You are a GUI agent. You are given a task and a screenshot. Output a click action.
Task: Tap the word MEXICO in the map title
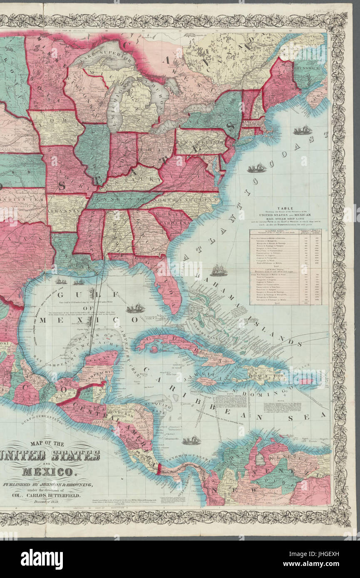[47, 472]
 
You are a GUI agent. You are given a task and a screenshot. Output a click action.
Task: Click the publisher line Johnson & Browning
[54, 485]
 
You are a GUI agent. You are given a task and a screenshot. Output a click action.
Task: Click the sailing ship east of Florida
[218, 271]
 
